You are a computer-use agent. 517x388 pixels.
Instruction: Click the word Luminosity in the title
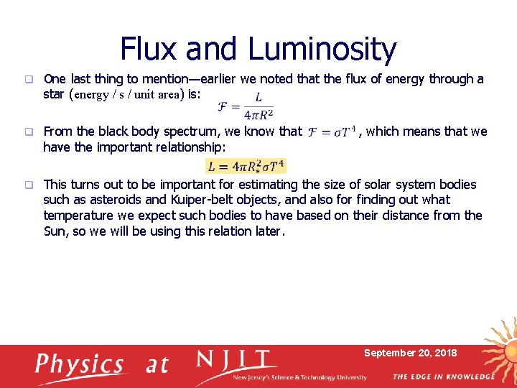pos(322,50)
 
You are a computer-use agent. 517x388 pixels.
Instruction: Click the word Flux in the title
pos(151,50)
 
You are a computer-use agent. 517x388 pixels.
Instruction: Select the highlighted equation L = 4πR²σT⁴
pos(246,166)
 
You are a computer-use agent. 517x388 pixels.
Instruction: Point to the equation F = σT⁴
pos(331,132)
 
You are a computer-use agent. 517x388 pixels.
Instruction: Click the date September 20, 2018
pos(410,353)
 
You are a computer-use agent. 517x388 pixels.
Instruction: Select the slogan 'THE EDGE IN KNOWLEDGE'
pos(443,377)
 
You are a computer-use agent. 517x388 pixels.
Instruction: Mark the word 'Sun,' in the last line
pos(55,231)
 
